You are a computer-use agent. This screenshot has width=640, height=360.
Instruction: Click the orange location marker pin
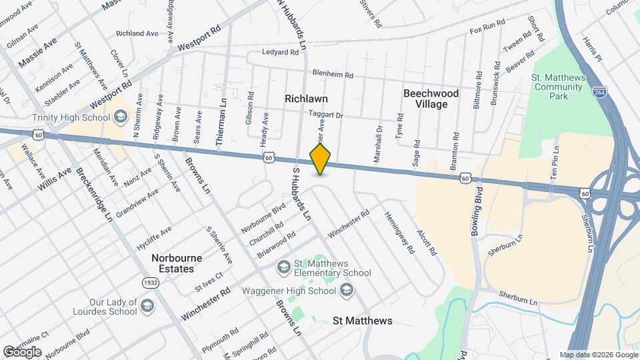[x=321, y=159]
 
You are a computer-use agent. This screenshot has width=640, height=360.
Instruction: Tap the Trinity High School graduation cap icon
[x=120, y=118]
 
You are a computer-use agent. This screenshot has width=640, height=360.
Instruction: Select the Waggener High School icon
[x=346, y=290]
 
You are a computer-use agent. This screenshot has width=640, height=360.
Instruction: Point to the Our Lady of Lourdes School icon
[x=147, y=307]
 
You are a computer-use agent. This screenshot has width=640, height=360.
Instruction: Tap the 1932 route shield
[x=151, y=283]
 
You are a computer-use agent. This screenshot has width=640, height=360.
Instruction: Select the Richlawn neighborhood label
[x=306, y=98]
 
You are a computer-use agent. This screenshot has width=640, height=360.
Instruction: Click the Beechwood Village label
[x=431, y=99]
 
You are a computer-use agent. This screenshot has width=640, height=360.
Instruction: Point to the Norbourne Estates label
[x=173, y=263]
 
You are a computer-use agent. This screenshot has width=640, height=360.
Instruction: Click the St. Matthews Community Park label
[x=559, y=87]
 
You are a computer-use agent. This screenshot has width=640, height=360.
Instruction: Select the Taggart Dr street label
[x=325, y=115]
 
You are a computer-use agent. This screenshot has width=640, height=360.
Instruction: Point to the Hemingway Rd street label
[x=399, y=233]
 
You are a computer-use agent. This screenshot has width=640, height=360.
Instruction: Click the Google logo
[x=22, y=351]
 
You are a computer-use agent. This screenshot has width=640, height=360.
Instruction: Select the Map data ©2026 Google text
[x=598, y=355]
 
